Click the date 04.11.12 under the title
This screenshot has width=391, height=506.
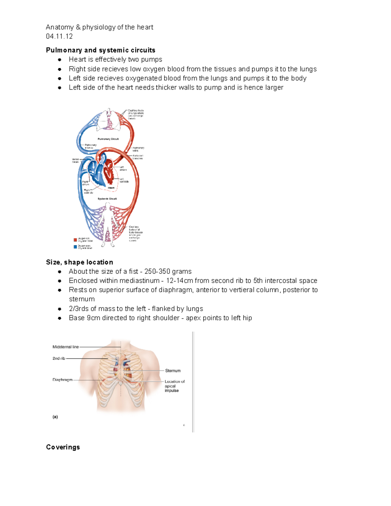pyautogui.click(x=59, y=36)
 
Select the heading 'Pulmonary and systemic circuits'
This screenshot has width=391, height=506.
pyautogui.click(x=100, y=50)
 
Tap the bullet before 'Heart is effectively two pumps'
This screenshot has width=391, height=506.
pyautogui.click(x=60, y=60)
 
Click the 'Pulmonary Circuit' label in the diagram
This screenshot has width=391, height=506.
pyautogui.click(x=108, y=139)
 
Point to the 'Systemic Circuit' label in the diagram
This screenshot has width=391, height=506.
pyautogui.click(x=107, y=198)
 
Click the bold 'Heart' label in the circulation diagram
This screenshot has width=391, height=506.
pyautogui.click(x=111, y=188)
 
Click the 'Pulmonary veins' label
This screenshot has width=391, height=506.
pyautogui.click(x=138, y=149)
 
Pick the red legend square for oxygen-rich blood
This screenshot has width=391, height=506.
pyautogui.click(x=75, y=240)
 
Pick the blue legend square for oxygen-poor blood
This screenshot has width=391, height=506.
pyautogui.click(x=75, y=247)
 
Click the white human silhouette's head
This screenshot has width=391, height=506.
pyautogui.click(x=108, y=205)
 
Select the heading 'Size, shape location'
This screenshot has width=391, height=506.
pyautogui.click(x=80, y=262)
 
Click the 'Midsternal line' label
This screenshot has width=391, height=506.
pyautogui.click(x=65, y=347)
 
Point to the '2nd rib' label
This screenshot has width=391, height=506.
pyautogui.click(x=59, y=358)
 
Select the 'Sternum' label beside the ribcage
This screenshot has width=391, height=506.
pyautogui.click(x=173, y=371)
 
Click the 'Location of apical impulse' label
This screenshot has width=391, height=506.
pyautogui.click(x=174, y=386)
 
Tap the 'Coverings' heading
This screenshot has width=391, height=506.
pyautogui.click(x=63, y=447)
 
